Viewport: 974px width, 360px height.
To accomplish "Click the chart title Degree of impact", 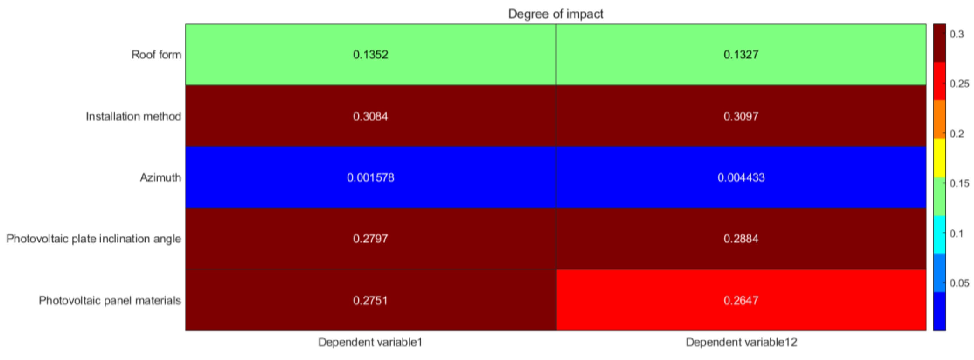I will pyautogui.click(x=555, y=14).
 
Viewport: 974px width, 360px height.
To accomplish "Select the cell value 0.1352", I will pyautogui.click(x=370, y=55).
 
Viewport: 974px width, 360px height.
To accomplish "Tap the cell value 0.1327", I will pyautogui.click(x=741, y=55).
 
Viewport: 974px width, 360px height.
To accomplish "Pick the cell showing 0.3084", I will pyautogui.click(x=370, y=116).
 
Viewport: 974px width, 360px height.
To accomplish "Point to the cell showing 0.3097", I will pyautogui.click(x=741, y=116).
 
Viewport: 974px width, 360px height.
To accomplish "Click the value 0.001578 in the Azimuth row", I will pyautogui.click(x=370, y=177).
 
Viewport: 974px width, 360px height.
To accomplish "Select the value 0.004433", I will pyautogui.click(x=741, y=177).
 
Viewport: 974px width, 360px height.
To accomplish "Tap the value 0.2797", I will pyautogui.click(x=370, y=239).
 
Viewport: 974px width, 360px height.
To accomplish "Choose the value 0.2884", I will pyautogui.click(x=741, y=239).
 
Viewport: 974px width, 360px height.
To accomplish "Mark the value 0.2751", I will pyautogui.click(x=370, y=300).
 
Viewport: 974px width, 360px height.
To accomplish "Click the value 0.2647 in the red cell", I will pyautogui.click(x=741, y=300).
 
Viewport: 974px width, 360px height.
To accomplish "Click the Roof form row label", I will pyautogui.click(x=156, y=55).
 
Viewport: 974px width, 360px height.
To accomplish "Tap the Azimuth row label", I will pyautogui.click(x=160, y=177).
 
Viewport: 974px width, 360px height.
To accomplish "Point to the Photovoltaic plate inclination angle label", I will pyautogui.click(x=93, y=239).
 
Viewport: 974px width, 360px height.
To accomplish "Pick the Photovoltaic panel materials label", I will pyautogui.click(x=110, y=300).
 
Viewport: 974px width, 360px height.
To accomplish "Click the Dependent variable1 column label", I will pyautogui.click(x=370, y=342).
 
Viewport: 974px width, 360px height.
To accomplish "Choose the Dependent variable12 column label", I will pyautogui.click(x=741, y=342).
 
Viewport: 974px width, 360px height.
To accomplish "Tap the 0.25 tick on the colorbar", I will pyautogui.click(x=959, y=84).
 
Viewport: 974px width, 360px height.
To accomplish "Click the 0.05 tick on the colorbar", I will pyautogui.click(x=959, y=283).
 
